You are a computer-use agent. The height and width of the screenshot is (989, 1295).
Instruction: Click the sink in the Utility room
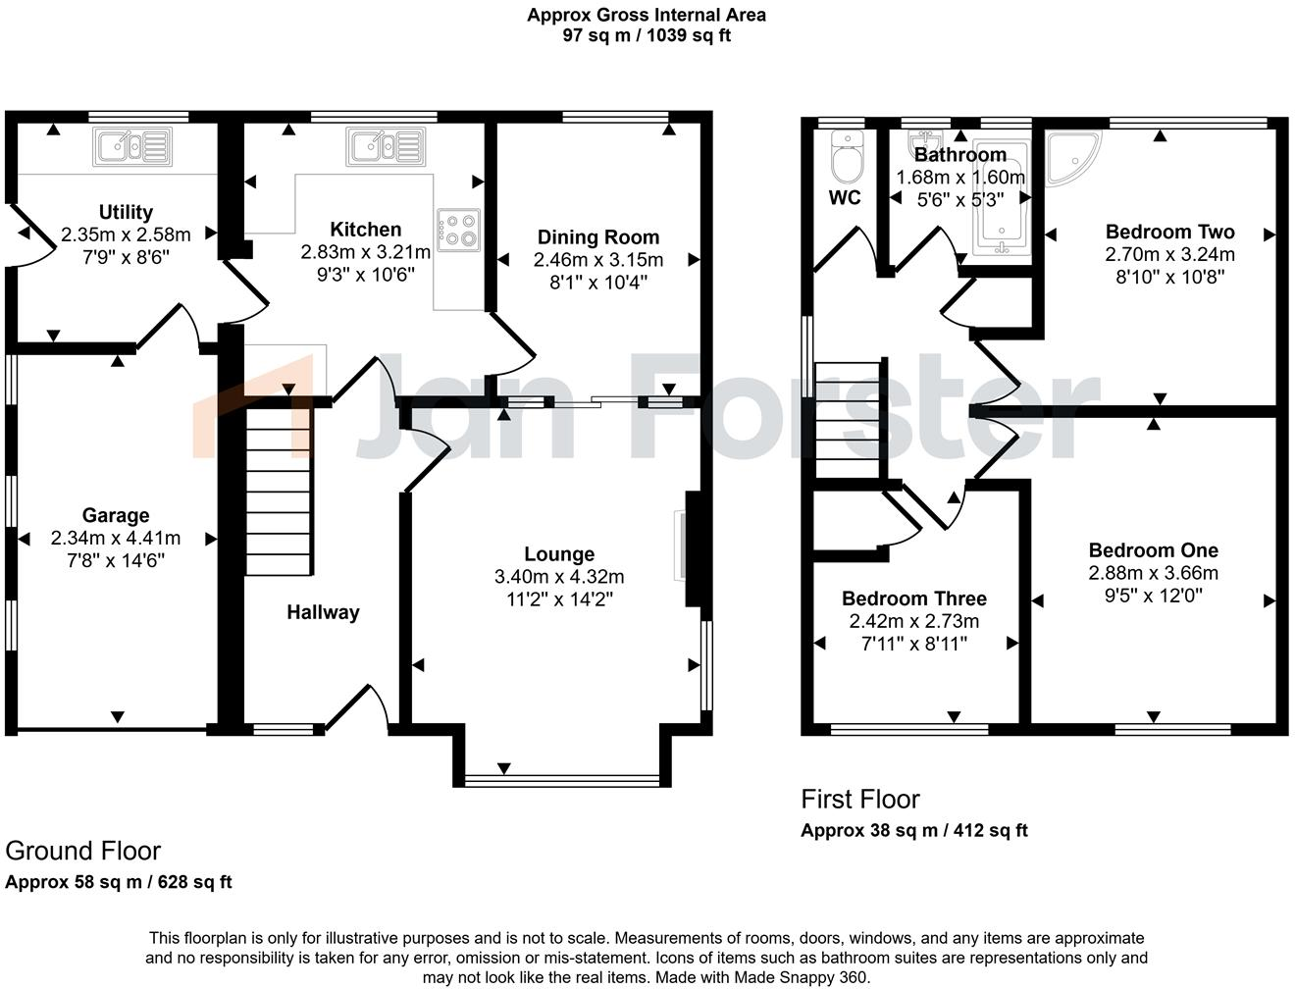point(132,146)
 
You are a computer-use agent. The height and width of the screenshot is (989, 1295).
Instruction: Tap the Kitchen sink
point(386,146)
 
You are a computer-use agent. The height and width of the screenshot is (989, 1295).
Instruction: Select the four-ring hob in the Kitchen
point(458,230)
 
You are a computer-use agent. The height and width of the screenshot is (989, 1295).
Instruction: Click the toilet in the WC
point(845,155)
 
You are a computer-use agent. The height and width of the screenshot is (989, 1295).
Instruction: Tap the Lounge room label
point(559,554)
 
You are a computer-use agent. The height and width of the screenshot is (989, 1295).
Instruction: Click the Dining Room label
point(598,237)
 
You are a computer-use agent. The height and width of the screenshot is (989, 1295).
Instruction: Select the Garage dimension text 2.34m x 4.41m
point(116,538)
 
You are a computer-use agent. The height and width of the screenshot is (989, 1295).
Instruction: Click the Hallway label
point(323,612)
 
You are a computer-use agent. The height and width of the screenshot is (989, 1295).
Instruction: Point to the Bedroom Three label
point(914,599)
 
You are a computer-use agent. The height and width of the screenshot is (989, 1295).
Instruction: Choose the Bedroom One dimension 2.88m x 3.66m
point(1154,573)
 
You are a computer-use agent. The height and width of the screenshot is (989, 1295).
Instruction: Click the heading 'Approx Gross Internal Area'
point(647,15)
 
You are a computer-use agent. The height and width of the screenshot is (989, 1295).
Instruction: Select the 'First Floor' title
point(860,799)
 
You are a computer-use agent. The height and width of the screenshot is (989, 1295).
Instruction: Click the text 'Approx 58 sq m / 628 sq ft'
point(119,881)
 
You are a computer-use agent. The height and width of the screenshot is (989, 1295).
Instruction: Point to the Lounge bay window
point(563,781)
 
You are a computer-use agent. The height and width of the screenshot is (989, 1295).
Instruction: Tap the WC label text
point(845,197)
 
